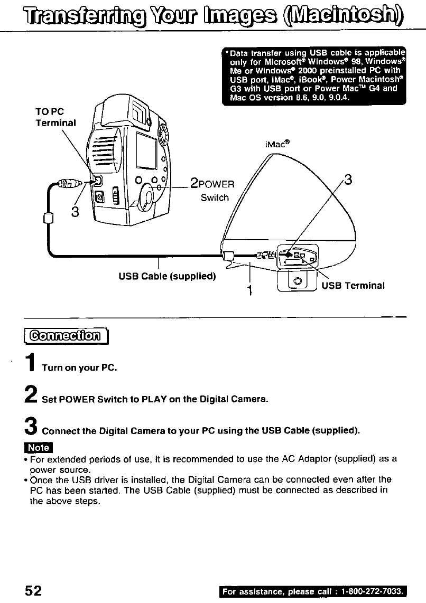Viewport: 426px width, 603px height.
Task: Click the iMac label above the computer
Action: point(277,143)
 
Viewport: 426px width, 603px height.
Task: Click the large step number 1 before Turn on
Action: point(33,364)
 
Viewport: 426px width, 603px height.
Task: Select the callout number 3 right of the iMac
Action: point(347,182)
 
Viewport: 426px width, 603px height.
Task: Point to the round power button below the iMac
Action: point(298,280)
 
